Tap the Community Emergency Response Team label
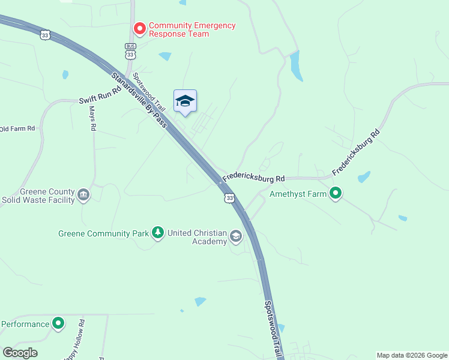click(192, 29)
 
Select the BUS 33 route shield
click(130, 51)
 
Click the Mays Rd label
click(92, 118)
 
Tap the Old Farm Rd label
click(17, 128)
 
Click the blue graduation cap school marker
click(185, 101)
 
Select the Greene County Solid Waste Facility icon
click(83, 195)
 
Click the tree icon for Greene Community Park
click(158, 232)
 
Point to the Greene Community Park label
click(103, 233)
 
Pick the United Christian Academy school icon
click(236, 237)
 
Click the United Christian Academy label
click(197, 237)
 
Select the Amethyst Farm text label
click(298, 194)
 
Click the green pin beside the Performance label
click(58, 324)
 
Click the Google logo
click(20, 353)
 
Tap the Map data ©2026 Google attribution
click(412, 355)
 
